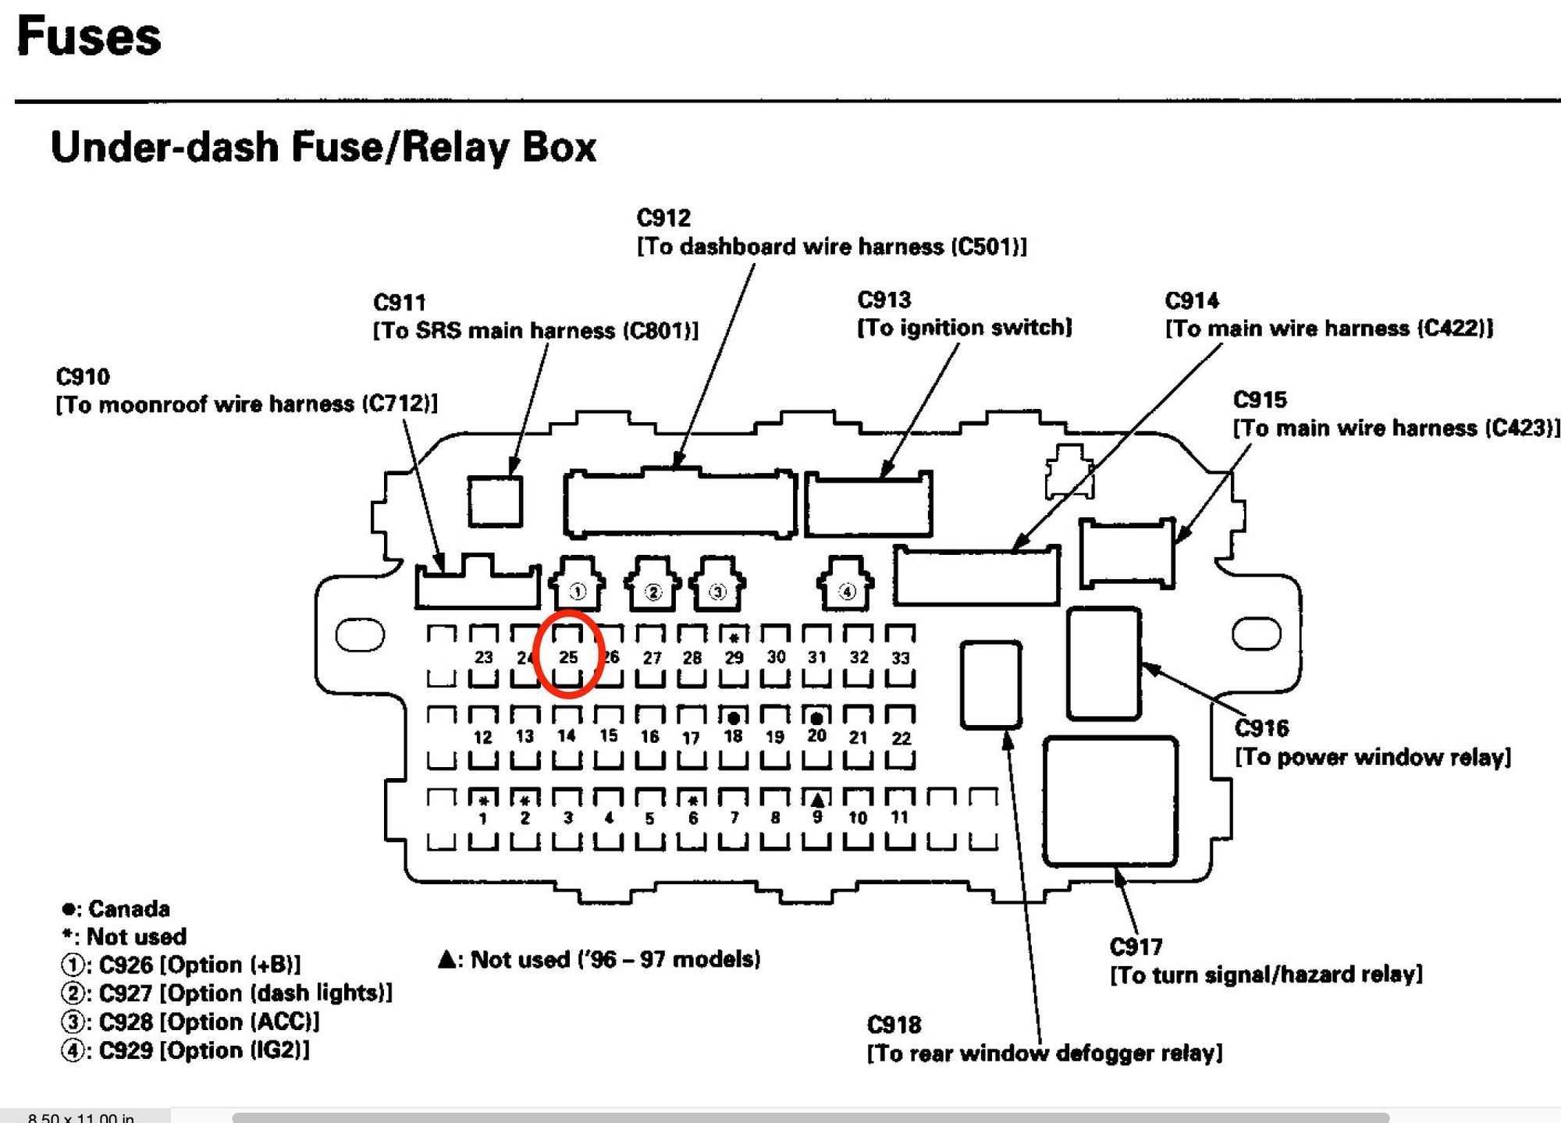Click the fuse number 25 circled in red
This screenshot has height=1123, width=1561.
pyautogui.click(x=568, y=657)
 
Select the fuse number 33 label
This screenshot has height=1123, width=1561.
pyautogui.click(x=900, y=658)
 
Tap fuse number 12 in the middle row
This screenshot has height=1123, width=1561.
pyautogui.click(x=483, y=737)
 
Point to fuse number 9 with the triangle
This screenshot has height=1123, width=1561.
pyautogui.click(x=816, y=816)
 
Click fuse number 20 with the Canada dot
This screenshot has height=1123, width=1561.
pyautogui.click(x=816, y=736)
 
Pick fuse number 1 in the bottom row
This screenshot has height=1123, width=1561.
pyautogui.click(x=483, y=818)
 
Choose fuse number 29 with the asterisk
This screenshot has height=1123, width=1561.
pyautogui.click(x=734, y=658)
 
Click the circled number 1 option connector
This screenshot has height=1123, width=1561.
pyautogui.click(x=577, y=591)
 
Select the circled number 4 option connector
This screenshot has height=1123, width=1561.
pyautogui.click(x=847, y=591)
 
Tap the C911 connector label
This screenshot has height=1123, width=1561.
pyautogui.click(x=400, y=302)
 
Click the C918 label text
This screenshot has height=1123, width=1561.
pyautogui.click(x=894, y=1024)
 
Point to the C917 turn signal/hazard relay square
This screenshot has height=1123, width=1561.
pyautogui.click(x=1110, y=801)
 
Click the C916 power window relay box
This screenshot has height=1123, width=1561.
pyautogui.click(x=1104, y=663)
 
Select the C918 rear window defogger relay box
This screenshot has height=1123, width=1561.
pyautogui.click(x=990, y=684)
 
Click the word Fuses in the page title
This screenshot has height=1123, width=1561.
pyautogui.click(x=89, y=37)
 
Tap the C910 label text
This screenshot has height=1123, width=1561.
pyautogui.click(x=83, y=376)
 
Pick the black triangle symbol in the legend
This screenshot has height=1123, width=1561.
pyautogui.click(x=447, y=959)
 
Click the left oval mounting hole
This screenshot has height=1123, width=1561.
pyautogui.click(x=360, y=634)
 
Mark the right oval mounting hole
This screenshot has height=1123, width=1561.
pyautogui.click(x=1256, y=633)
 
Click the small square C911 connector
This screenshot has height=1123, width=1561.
pyautogui.click(x=495, y=501)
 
